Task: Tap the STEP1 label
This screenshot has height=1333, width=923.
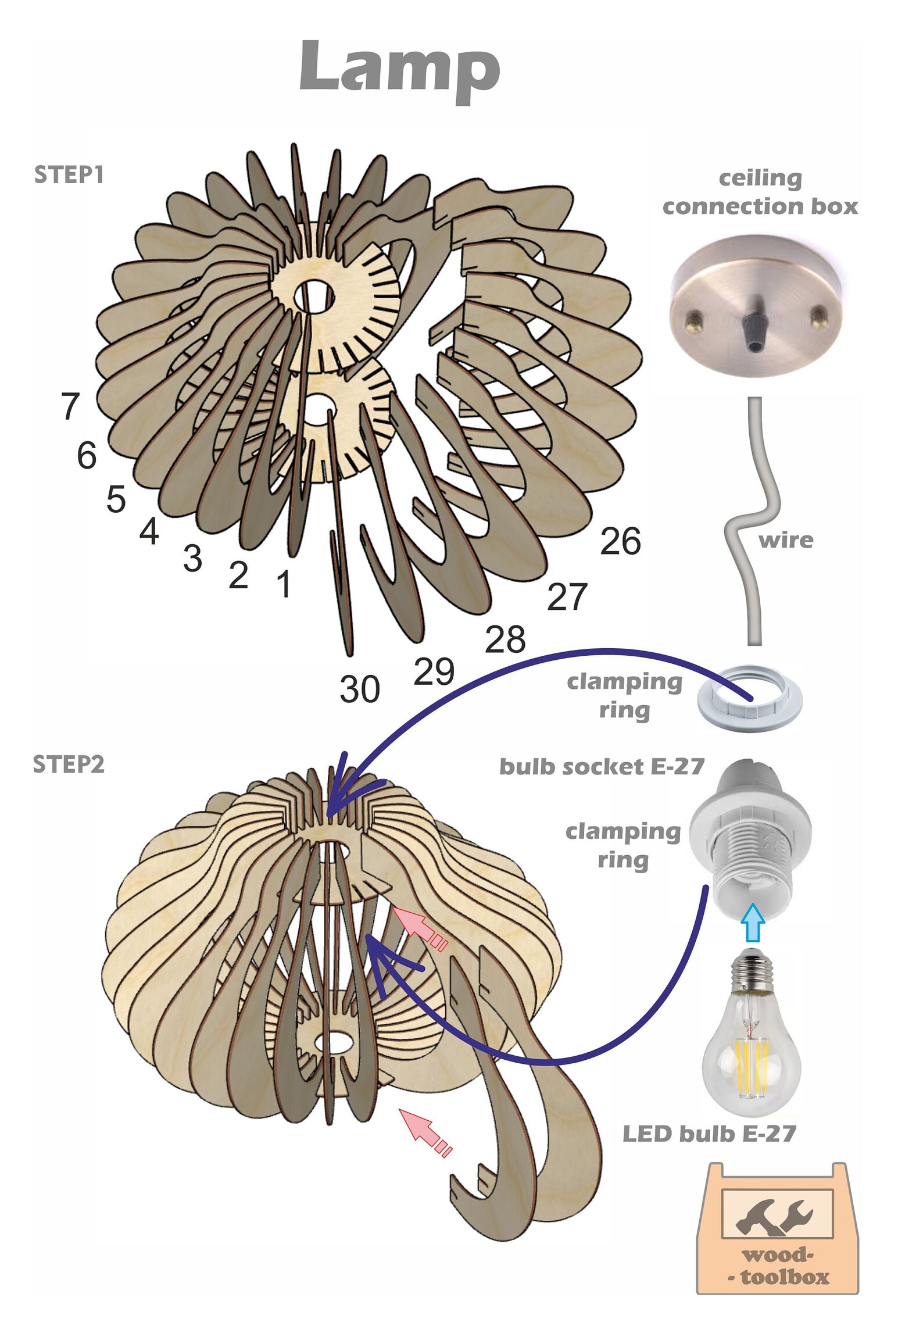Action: tap(69, 175)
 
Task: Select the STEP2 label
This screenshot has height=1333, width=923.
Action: tap(69, 764)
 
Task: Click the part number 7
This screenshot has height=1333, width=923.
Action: tap(70, 406)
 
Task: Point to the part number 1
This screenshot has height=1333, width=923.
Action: tap(284, 584)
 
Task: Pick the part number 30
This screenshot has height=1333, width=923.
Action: tap(360, 689)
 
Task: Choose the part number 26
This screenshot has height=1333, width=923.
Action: tap(620, 541)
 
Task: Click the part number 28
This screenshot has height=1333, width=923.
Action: tap(505, 639)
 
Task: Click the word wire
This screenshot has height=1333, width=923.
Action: tap(786, 541)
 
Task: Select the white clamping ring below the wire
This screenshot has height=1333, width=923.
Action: tap(750, 699)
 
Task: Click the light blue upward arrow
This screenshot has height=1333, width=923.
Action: tap(753, 923)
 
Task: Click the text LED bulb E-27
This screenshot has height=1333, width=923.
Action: tap(709, 1134)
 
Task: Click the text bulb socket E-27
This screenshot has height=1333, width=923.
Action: tap(602, 767)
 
